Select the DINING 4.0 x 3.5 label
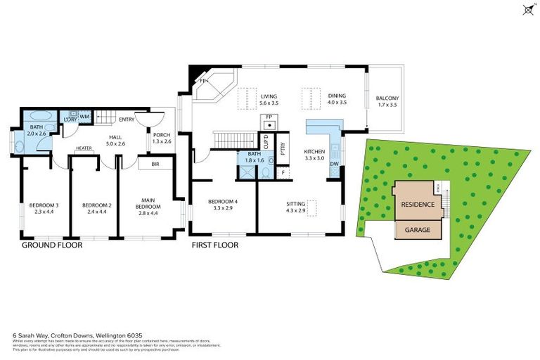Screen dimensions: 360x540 click(x=337, y=99)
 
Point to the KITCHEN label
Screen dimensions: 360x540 click(x=314, y=155)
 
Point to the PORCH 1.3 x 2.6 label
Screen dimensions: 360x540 click(x=161, y=138)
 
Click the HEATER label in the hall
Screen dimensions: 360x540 click(x=84, y=148)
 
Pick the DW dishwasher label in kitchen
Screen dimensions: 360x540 click(x=334, y=165)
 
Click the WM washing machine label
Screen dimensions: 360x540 click(x=83, y=116)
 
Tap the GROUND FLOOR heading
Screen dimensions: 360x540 click(x=52, y=245)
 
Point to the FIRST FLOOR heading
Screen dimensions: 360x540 click(x=215, y=245)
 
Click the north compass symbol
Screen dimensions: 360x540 click(x=527, y=9)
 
